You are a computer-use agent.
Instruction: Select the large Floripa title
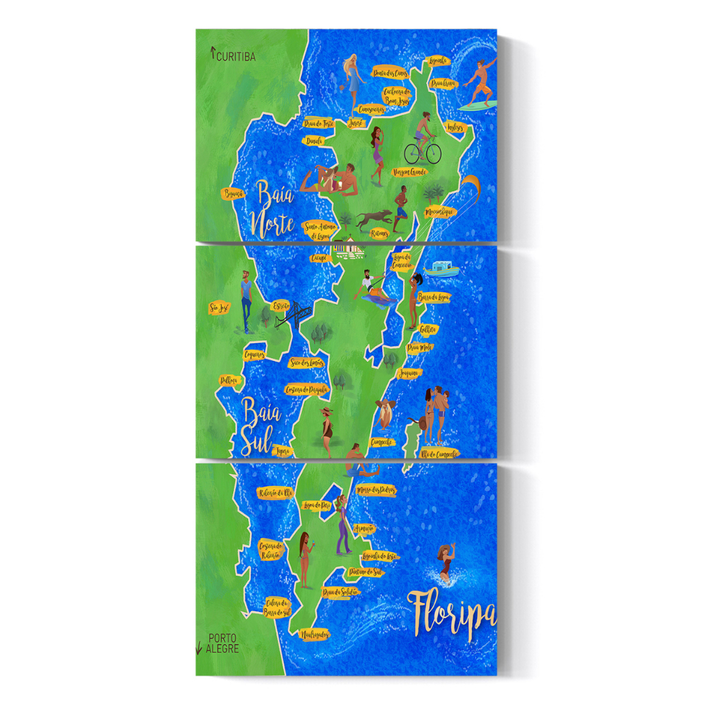(452, 614)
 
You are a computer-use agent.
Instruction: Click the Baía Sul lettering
(259, 426)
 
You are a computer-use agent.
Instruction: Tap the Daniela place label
(314, 140)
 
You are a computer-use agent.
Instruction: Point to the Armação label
(364, 528)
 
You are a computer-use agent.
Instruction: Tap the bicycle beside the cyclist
(422, 151)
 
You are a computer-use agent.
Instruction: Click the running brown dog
(374, 219)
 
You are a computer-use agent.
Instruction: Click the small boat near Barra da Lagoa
(441, 269)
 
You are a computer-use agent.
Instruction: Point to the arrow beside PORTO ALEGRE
(199, 646)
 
